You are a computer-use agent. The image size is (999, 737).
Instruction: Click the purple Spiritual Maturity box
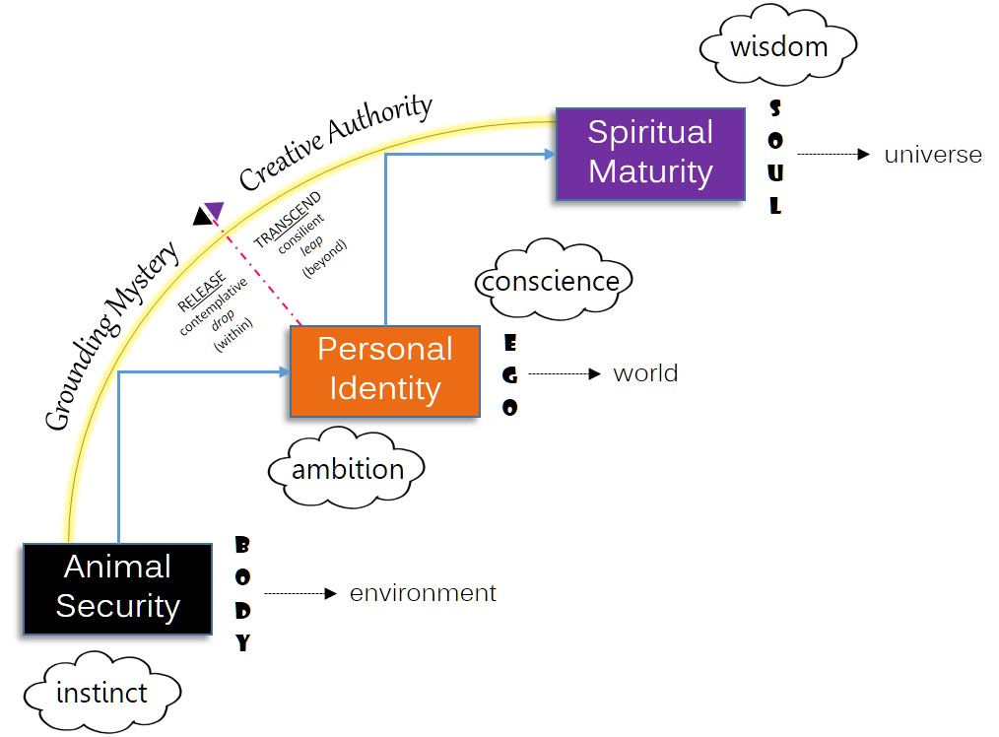pyautogui.click(x=650, y=153)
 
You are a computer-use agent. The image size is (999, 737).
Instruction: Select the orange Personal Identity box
pyautogui.click(x=384, y=369)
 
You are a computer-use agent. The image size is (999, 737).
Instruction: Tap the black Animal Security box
pyautogui.click(x=117, y=587)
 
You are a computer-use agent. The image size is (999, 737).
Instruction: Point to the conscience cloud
pyautogui.click(x=551, y=281)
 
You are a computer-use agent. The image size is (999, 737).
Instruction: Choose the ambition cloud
pyautogui.click(x=348, y=469)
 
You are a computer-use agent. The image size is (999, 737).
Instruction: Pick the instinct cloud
pyautogui.click(x=101, y=693)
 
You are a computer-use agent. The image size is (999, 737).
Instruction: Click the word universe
pyautogui.click(x=933, y=155)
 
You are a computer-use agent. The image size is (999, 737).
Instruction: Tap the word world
pyautogui.click(x=645, y=373)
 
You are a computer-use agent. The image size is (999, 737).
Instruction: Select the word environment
pyautogui.click(x=423, y=593)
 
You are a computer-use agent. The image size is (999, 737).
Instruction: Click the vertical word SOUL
pyautogui.click(x=775, y=157)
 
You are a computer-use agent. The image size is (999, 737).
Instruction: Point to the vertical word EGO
pyautogui.click(x=509, y=375)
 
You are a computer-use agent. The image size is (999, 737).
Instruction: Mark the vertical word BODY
pyautogui.click(x=242, y=594)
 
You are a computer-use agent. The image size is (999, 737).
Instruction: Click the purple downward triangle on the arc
pyautogui.click(x=214, y=211)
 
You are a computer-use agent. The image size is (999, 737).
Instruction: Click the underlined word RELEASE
pyautogui.click(x=202, y=289)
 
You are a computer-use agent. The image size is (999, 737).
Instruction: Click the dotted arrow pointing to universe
pyautogui.click(x=833, y=155)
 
